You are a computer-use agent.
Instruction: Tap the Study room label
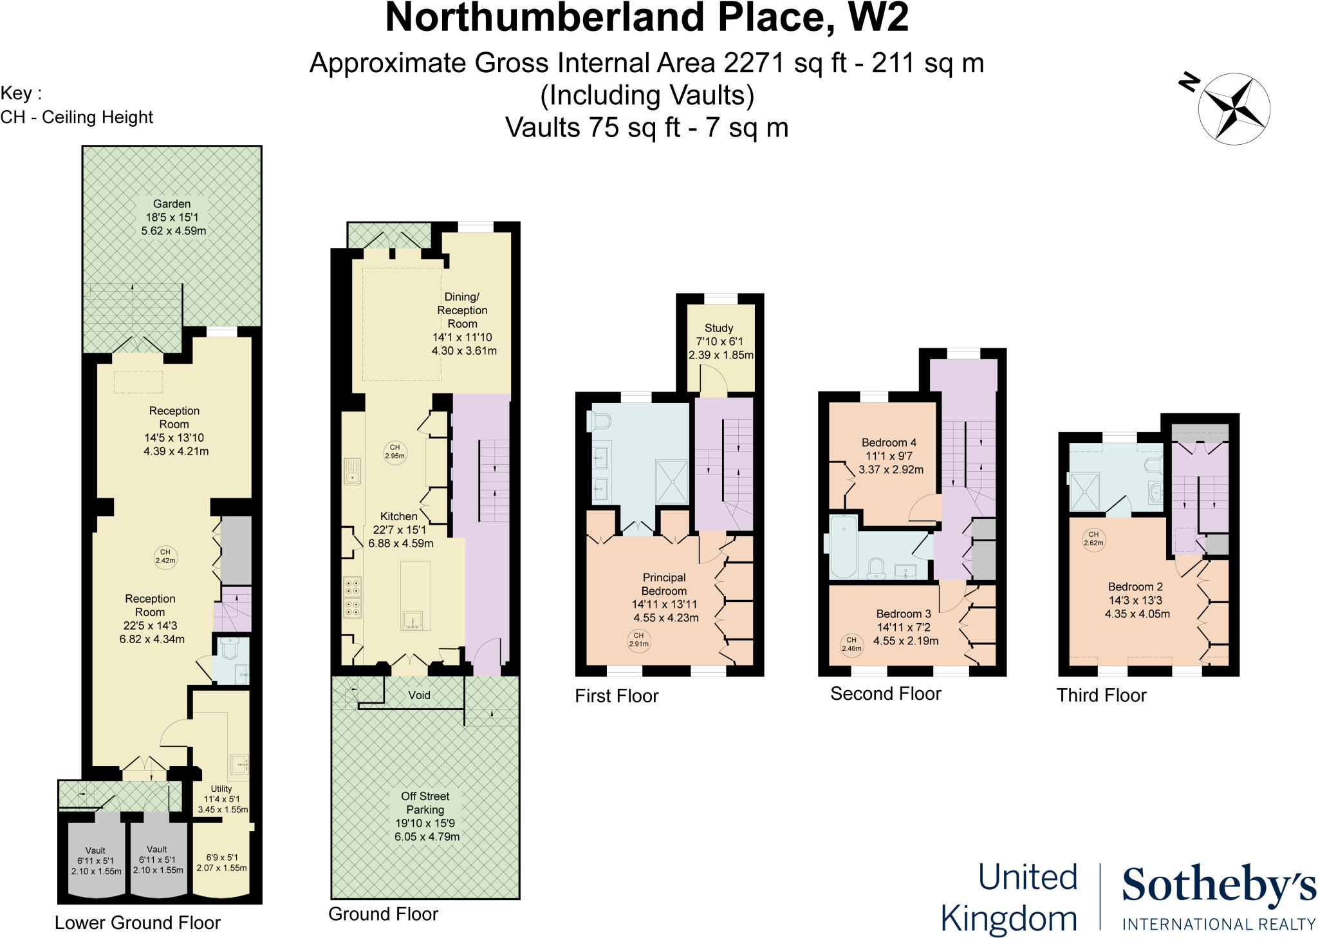[719, 328]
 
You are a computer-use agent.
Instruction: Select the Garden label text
[172, 204]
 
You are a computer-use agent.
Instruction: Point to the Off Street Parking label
[425, 803]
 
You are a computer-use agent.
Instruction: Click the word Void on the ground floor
[420, 695]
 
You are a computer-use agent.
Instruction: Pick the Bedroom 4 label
[889, 443]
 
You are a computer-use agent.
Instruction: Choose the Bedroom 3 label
[904, 614]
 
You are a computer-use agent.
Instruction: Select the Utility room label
[221, 789]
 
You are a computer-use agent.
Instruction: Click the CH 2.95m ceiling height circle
[394, 451]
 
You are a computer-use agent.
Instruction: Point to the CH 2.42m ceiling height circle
[165, 556]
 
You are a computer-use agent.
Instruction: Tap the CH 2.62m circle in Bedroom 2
[1093, 538]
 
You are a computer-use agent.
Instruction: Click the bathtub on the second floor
[844, 547]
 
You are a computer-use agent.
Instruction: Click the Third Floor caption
[1101, 695]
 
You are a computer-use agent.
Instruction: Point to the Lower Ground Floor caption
[138, 923]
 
